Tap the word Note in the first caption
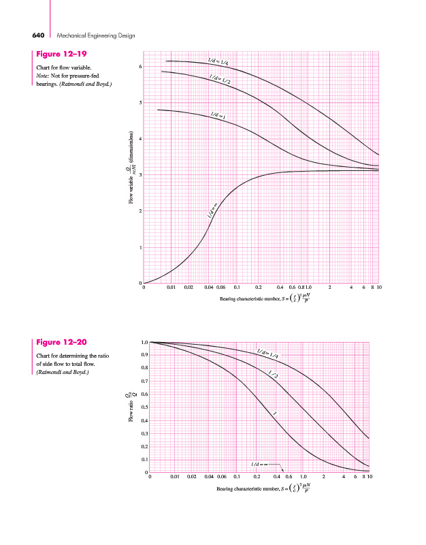pos(43,76)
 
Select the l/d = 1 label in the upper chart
pos(218,118)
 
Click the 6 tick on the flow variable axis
pos(140,67)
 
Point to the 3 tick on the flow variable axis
pos(140,175)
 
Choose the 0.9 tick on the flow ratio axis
pos(144,355)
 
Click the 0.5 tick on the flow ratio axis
pos(144,407)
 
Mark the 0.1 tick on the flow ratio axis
pos(144,460)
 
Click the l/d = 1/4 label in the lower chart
pos(269,354)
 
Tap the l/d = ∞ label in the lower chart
pos(261,464)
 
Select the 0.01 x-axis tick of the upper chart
pos(172,288)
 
